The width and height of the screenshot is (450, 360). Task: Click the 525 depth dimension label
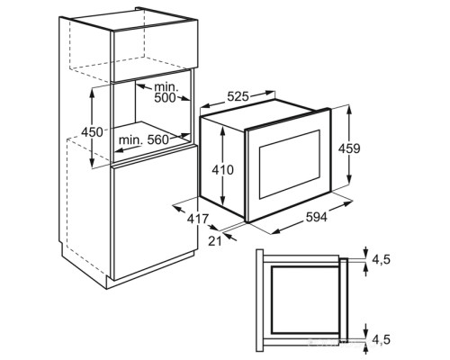(x=238, y=96)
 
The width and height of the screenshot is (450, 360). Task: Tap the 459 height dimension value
(x=349, y=148)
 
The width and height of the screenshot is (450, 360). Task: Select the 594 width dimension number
(x=317, y=217)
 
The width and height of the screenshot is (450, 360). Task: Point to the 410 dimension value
(x=222, y=170)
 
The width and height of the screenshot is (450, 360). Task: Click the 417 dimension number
(x=198, y=219)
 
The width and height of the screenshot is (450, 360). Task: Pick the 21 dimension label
(x=215, y=241)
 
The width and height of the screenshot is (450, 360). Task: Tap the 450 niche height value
(x=93, y=132)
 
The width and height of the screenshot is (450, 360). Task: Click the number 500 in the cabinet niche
(x=165, y=98)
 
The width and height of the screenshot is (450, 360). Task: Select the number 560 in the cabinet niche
(x=158, y=139)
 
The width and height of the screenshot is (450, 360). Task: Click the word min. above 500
(x=166, y=87)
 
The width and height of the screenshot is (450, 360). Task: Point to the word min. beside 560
(x=130, y=139)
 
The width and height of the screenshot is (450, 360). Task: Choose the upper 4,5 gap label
(x=381, y=260)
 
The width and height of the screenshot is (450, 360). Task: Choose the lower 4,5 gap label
(x=381, y=339)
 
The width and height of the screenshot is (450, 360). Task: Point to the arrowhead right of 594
(x=348, y=203)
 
